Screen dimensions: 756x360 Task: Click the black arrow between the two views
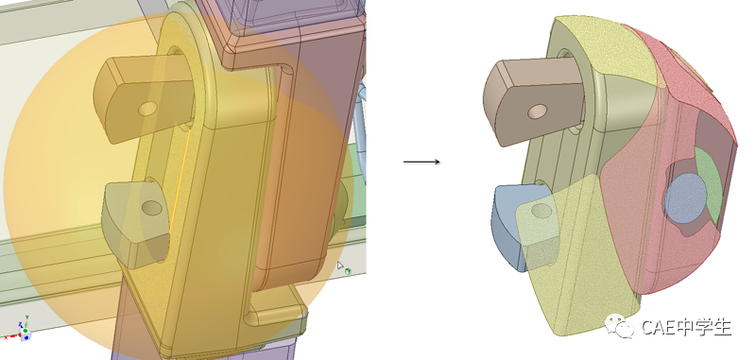pos(421,162)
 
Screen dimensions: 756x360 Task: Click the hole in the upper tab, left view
pos(147,109)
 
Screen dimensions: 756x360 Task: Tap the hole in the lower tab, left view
pos(152,208)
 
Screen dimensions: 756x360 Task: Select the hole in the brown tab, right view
pos(537,112)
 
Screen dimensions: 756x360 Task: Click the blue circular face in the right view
pos(685,197)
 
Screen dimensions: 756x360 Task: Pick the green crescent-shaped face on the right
pos(709,185)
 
